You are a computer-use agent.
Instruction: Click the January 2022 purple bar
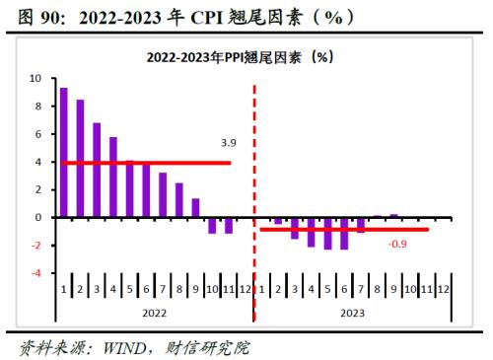pyautogui.click(x=64, y=152)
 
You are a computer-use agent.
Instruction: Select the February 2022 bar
pyautogui.click(x=80, y=158)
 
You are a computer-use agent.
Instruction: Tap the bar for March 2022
pyautogui.click(x=97, y=170)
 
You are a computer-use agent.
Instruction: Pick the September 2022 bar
pyautogui.click(x=195, y=207)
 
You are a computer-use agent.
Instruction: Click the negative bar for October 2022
pyautogui.click(x=211, y=225)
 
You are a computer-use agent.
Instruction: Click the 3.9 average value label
pyautogui.click(x=229, y=143)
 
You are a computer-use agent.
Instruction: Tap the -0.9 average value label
pyautogui.click(x=398, y=244)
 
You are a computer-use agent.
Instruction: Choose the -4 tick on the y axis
pyautogui.click(x=36, y=273)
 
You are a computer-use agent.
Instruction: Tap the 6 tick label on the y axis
pyautogui.click(x=37, y=134)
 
